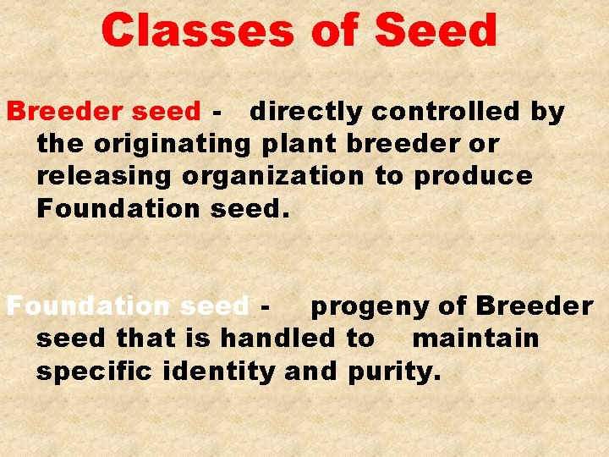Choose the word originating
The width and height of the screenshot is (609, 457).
click(173, 145)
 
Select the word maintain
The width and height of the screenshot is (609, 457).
click(475, 339)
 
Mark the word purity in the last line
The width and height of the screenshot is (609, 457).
click(392, 372)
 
